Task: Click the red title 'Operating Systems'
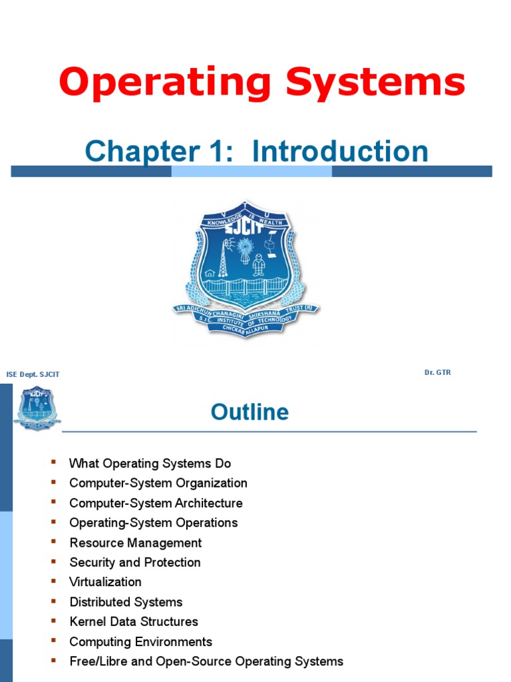261,84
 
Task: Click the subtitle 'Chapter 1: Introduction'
256,151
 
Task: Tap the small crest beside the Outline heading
37,407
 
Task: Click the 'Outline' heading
250,412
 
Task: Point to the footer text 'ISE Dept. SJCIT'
33,374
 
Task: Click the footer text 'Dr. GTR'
437,372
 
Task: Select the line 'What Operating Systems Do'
150,463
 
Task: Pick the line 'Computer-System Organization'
158,483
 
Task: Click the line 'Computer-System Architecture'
156,503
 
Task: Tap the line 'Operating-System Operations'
153,523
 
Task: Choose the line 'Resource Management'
135,543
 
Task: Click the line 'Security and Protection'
135,562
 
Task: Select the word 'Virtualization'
105,581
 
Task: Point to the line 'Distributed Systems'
126,601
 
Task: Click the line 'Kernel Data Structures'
134,621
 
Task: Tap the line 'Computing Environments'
140,641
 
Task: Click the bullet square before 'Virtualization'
54,581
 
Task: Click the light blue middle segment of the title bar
252,171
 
